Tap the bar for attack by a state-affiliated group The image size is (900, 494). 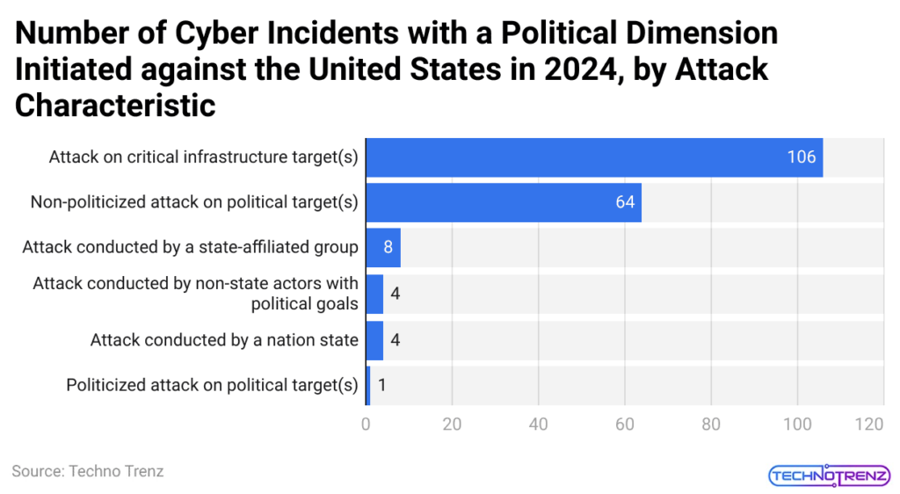pos(382,247)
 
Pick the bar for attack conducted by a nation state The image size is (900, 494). pos(374,339)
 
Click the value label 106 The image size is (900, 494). pos(802,157)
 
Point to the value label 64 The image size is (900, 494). pos(625,202)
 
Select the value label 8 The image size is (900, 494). pos(388,247)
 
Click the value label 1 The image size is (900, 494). pos(383,385)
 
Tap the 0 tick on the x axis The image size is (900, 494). pos(366,425)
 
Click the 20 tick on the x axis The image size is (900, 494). pos(452,425)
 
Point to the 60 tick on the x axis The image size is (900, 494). pos(625,425)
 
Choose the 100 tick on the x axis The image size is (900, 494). pos(797,425)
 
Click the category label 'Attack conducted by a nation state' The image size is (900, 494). pos(224,339)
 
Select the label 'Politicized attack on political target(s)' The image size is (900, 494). pos(212,385)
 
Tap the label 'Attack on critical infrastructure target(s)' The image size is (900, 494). pos(203,157)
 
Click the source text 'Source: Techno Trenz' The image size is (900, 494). pos(88,471)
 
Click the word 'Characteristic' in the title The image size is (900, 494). pos(115,105)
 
